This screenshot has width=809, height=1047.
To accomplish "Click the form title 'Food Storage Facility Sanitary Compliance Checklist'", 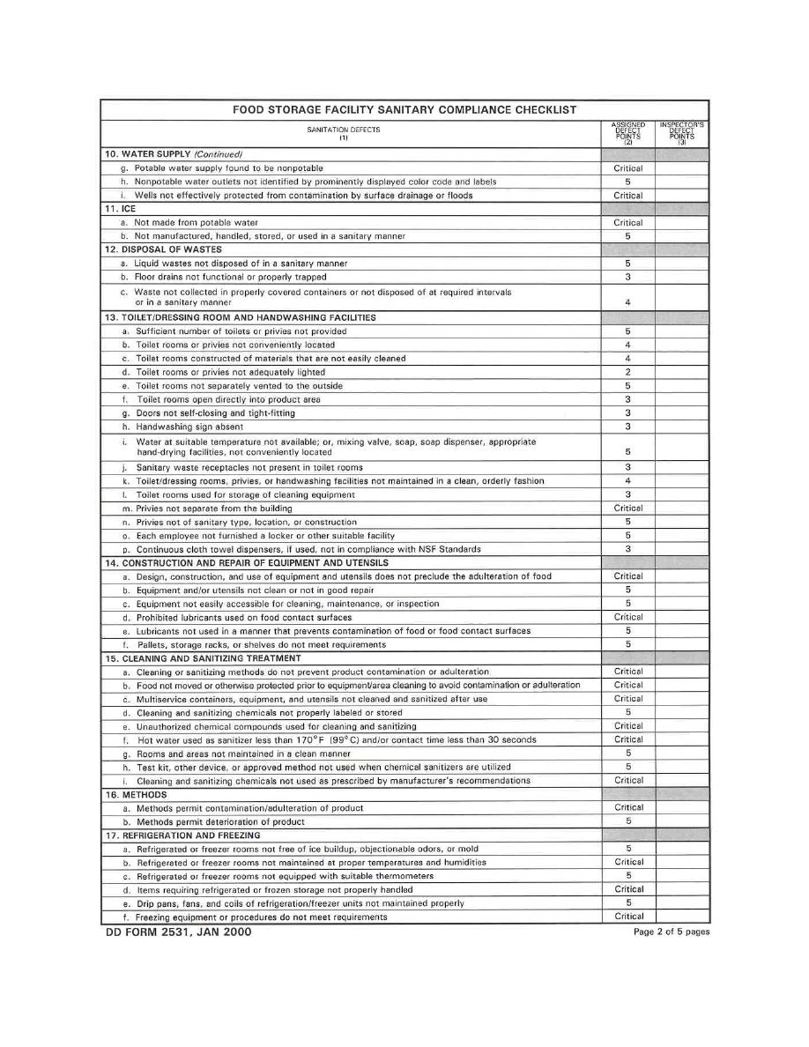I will tap(404, 110).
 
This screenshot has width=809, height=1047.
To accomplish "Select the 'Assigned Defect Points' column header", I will tap(628, 133).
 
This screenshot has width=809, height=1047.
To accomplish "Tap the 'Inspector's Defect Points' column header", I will tap(681, 133).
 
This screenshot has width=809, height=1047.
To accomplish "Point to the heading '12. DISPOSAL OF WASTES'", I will tap(163, 249).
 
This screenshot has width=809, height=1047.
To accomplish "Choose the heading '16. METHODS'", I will tap(136, 794).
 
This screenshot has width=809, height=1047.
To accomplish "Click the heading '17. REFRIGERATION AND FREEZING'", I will tap(182, 835).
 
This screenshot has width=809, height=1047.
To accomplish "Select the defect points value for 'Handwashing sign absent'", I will tap(628, 427).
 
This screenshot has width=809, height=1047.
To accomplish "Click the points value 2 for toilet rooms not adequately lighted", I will tap(628, 372).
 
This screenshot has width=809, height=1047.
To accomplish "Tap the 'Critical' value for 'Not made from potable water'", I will tap(628, 223).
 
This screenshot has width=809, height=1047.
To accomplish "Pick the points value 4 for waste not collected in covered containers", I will tap(628, 302).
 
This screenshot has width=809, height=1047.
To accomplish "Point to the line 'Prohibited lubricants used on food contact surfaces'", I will tap(243, 617).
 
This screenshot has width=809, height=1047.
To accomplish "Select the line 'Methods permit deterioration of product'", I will tap(220, 821).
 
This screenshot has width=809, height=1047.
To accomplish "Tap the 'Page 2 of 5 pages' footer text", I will tap(671, 932).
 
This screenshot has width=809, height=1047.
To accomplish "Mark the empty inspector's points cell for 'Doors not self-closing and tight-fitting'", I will tap(681, 412).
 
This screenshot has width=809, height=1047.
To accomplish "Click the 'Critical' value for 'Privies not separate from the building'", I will tap(628, 508).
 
